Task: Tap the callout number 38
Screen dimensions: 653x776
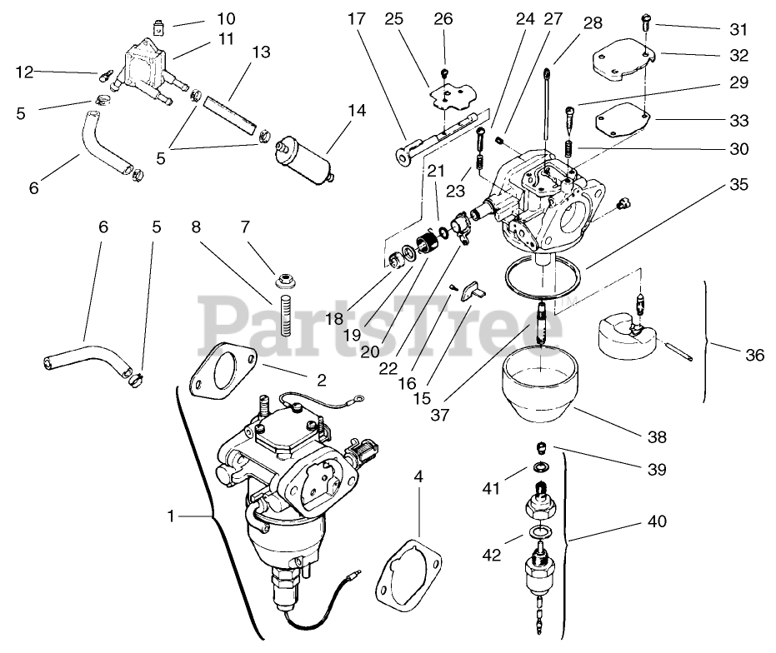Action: pyautogui.click(x=656, y=436)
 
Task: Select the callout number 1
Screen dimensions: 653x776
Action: pyautogui.click(x=170, y=516)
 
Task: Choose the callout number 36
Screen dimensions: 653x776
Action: pyautogui.click(x=754, y=354)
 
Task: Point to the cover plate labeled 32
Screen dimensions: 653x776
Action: pyautogui.click(x=620, y=65)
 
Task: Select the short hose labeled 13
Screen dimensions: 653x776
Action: pyautogui.click(x=228, y=110)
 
